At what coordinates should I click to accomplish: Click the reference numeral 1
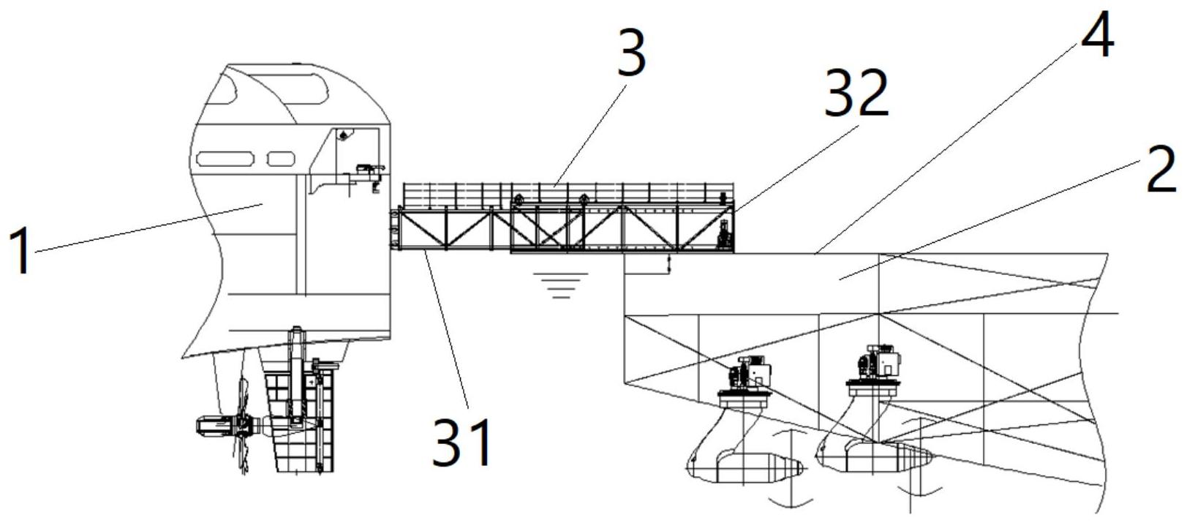22,250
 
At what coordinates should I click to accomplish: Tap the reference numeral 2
1162,170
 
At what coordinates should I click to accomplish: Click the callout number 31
461,443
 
